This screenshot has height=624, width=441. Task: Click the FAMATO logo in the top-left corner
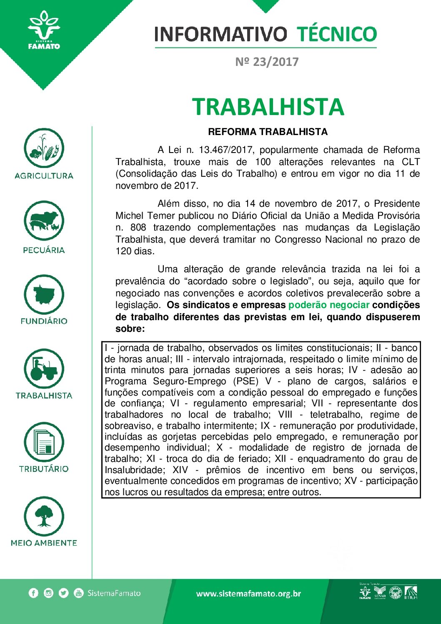pyautogui.click(x=44, y=31)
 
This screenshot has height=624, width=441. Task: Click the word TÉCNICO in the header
pyautogui.click(x=336, y=34)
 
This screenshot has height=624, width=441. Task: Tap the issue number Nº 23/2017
pyautogui.click(x=267, y=62)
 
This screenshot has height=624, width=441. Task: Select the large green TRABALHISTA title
pyautogui.click(x=268, y=107)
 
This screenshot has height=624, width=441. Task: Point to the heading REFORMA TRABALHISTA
pyautogui.click(x=268, y=132)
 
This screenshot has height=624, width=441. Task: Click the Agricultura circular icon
pyautogui.click(x=44, y=148)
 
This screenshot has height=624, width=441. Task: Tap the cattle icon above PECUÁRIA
pyautogui.click(x=44, y=221)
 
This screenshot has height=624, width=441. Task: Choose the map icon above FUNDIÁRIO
pyautogui.click(x=44, y=295)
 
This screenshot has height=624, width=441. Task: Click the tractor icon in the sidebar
pyautogui.click(x=44, y=369)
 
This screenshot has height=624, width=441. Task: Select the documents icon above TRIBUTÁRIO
pyautogui.click(x=44, y=443)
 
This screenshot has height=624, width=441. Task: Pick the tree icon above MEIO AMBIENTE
pyautogui.click(x=44, y=516)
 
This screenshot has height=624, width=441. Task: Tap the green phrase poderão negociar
pyautogui.click(x=328, y=305)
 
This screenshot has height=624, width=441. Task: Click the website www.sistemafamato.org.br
pyautogui.click(x=248, y=594)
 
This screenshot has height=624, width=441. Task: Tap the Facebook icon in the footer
pyautogui.click(x=33, y=593)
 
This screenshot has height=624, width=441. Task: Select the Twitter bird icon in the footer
pyautogui.click(x=63, y=593)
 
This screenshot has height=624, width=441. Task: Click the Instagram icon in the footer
pyautogui.click(x=48, y=593)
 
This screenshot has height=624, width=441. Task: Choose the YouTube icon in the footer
pyautogui.click(x=78, y=593)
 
